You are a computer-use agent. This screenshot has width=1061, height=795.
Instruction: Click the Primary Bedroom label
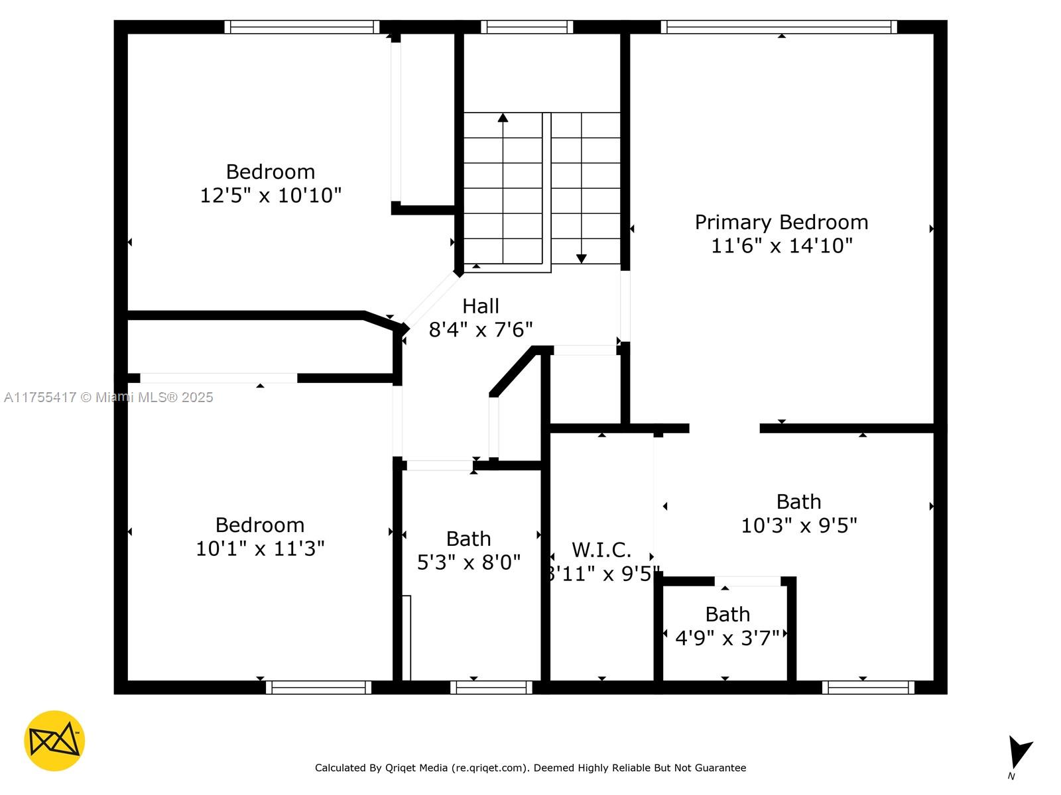[781, 223]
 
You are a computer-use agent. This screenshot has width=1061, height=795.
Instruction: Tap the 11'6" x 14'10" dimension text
[781, 246]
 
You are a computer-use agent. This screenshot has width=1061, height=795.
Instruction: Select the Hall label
[481, 306]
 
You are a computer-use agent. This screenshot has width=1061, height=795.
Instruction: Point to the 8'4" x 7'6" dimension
[481, 330]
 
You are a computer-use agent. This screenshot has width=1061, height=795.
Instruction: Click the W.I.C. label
[601, 550]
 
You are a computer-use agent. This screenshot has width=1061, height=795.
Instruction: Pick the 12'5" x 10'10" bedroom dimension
[271, 195]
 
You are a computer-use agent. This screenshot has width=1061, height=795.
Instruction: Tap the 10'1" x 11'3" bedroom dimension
[260, 549]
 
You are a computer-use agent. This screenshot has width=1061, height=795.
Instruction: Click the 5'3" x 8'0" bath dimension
[468, 562]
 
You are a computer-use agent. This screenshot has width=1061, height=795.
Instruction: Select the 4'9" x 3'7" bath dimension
[727, 638]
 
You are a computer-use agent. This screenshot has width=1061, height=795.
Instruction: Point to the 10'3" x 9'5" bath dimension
[798, 525]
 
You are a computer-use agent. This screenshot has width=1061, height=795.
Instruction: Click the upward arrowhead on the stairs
[503, 118]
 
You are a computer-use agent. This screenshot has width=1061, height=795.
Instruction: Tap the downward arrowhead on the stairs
[582, 259]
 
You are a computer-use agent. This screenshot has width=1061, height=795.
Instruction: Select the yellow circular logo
[54, 741]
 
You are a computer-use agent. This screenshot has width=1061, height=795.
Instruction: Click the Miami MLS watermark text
[108, 397]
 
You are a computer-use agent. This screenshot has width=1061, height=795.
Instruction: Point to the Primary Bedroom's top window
[779, 27]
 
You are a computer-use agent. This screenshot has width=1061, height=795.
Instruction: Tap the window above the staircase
[527, 27]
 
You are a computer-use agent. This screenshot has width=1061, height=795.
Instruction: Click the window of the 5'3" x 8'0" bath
[491, 688]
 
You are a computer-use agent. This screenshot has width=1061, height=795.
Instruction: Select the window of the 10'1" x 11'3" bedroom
[318, 688]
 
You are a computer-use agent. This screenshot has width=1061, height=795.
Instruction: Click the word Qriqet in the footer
[399, 767]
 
